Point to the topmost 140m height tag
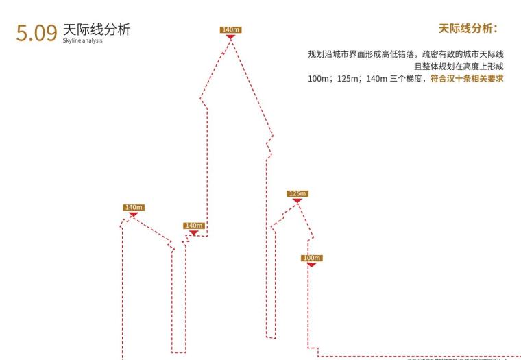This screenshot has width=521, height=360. (230, 29)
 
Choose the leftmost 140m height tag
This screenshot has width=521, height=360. (134, 207)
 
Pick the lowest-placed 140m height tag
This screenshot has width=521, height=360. (194, 225)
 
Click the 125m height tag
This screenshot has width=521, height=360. (297, 193)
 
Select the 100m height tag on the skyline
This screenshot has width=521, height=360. (311, 258)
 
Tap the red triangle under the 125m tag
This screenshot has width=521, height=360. (297, 201)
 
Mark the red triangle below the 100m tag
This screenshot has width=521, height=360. (311, 265)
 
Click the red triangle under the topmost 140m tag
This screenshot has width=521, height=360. (230, 36)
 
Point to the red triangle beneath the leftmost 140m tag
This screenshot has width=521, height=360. (134, 215)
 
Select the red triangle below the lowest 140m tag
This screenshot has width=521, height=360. (194, 232)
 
